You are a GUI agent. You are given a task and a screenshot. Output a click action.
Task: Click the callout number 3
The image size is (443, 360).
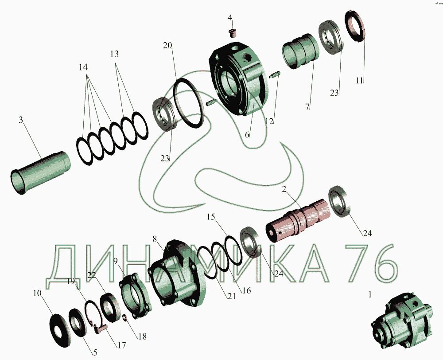tap(21, 120)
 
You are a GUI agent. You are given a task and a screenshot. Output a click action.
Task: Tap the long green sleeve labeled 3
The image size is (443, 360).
tap(40, 172)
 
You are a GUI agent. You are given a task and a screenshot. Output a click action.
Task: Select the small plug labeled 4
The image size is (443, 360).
tap(233, 33)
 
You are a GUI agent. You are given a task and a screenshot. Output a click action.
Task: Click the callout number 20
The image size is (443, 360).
tap(167, 45)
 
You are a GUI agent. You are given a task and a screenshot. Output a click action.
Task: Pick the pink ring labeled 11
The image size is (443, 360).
tap(355, 27)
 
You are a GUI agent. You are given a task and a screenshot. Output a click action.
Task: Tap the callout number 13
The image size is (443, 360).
tap(114, 54)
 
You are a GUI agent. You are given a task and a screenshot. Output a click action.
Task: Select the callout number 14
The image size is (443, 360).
tap(83, 67)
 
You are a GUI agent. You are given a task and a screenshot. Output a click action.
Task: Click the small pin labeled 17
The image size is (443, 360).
tap(101, 329)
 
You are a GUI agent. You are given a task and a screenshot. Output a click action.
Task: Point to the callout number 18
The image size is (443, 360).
tap(143, 336)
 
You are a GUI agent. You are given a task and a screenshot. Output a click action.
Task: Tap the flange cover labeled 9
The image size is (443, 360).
tap(136, 296)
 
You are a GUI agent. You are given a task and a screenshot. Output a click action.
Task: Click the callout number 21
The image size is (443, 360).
tap(232, 296)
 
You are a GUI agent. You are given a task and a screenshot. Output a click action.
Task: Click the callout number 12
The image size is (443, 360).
tap(269, 121)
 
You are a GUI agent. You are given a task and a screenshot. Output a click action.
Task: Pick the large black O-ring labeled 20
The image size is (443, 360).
tap(188, 103)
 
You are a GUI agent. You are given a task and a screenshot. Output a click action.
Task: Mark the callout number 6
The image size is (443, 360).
tap(247, 135)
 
